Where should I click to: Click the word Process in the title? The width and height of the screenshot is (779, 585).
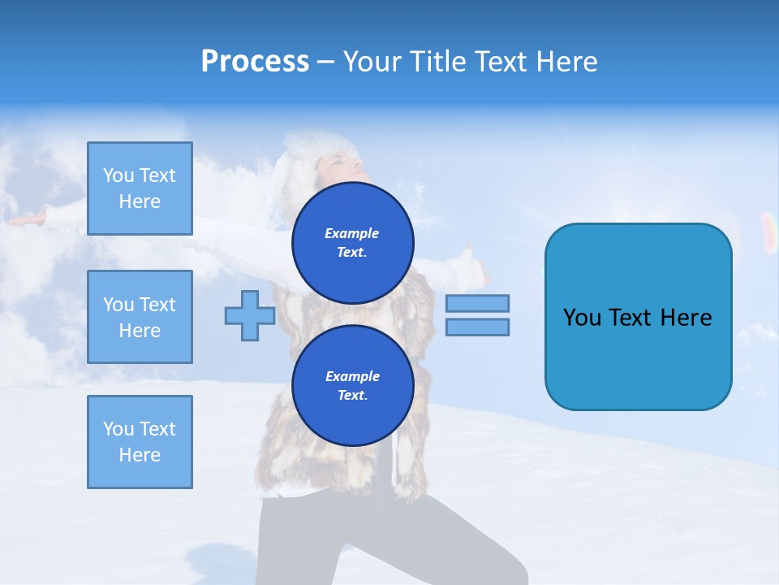pyautogui.click(x=255, y=62)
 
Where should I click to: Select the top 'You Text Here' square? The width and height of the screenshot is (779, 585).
pyautogui.click(x=140, y=188)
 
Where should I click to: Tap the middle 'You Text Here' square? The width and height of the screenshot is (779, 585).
pyautogui.click(x=140, y=317)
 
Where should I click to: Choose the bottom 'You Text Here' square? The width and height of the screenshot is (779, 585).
pyautogui.click(x=140, y=442)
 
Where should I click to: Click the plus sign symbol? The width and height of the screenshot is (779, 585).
pyautogui.click(x=250, y=315)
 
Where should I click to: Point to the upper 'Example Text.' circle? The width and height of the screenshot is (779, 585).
pyautogui.click(x=352, y=243)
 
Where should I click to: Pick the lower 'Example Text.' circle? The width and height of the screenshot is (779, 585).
pyautogui.click(x=352, y=386)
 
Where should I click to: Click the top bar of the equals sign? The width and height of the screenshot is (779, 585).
pyautogui.click(x=477, y=304)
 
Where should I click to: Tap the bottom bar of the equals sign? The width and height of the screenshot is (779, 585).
pyautogui.click(x=477, y=327)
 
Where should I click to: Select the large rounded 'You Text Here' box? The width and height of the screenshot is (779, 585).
pyautogui.click(x=638, y=317)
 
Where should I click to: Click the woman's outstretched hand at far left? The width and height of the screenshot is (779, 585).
pyautogui.click(x=24, y=219)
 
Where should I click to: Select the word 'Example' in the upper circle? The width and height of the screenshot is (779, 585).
pyautogui.click(x=352, y=234)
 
